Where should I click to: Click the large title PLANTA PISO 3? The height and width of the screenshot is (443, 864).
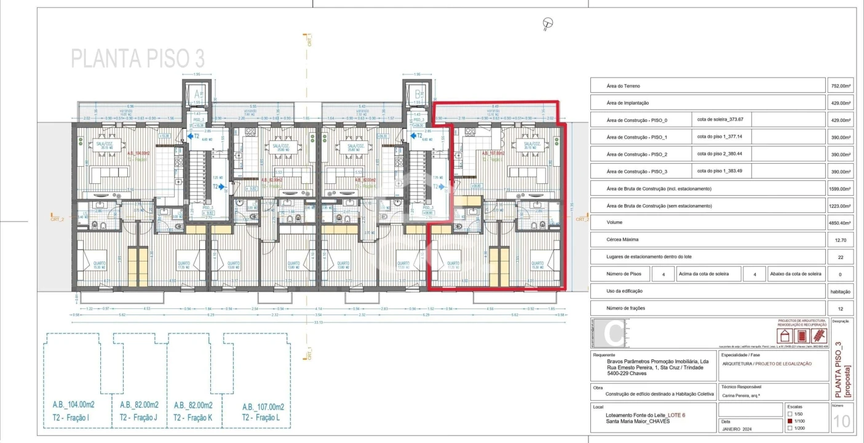point(138,58)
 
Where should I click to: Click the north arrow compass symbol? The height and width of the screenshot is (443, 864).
point(547,24)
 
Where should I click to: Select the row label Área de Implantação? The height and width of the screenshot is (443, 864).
point(628,103)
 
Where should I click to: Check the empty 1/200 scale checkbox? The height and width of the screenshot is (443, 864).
point(790,428)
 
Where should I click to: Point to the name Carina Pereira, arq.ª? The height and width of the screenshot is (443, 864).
point(743,396)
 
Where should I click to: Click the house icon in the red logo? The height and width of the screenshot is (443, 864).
point(785,336)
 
